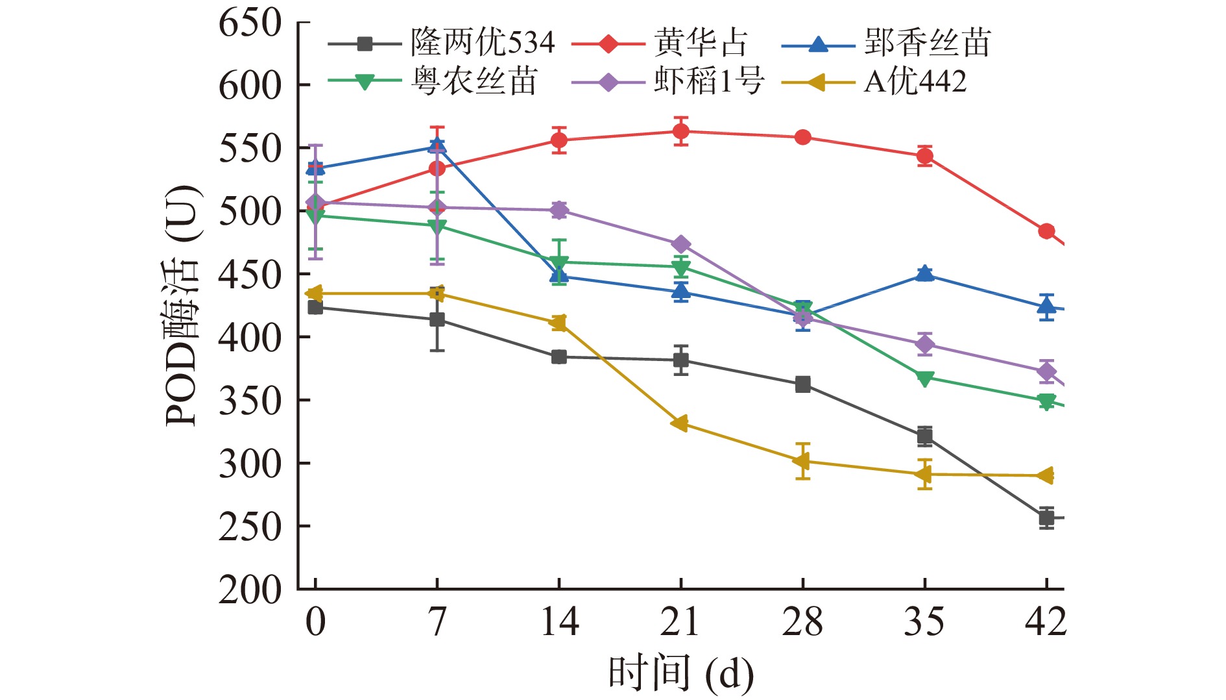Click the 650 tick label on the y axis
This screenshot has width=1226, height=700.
(250, 23)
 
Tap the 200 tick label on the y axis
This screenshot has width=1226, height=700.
(250, 590)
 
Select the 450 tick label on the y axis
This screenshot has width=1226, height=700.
(250, 275)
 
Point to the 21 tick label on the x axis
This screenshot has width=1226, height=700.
(680, 621)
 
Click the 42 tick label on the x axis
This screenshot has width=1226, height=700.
(1046, 621)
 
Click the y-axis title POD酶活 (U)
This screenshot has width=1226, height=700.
(182, 305)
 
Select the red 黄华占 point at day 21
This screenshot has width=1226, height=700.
(680, 132)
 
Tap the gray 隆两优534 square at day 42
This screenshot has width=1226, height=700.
(1046, 518)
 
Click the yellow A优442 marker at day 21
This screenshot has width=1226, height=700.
(680, 424)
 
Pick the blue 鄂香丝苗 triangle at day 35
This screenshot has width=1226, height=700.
(925, 274)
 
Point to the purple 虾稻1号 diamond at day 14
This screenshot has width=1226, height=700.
(559, 210)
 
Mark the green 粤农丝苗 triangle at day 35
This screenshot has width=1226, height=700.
(925, 378)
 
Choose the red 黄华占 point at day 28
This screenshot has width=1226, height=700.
(803, 138)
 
